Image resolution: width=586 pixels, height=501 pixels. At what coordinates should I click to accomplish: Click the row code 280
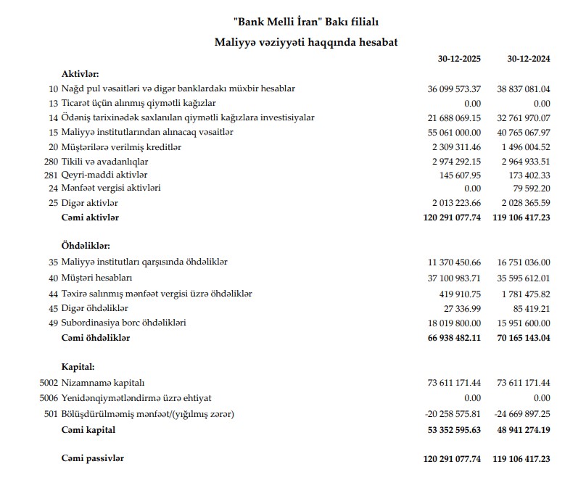(x=51, y=161)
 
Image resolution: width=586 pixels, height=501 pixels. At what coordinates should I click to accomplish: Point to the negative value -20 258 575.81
(x=453, y=414)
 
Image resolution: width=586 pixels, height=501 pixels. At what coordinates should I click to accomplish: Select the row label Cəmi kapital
(x=89, y=430)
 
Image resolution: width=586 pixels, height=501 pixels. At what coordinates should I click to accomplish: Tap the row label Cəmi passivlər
(x=94, y=459)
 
